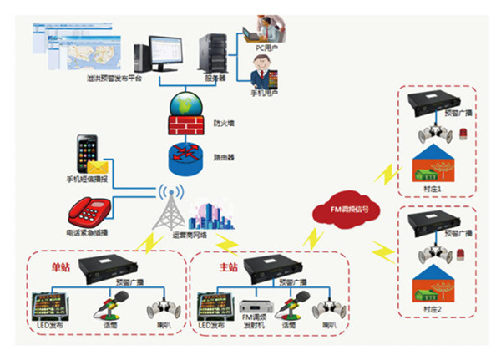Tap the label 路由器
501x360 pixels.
tap(223, 158)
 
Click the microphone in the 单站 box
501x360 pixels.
tap(111, 306)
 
